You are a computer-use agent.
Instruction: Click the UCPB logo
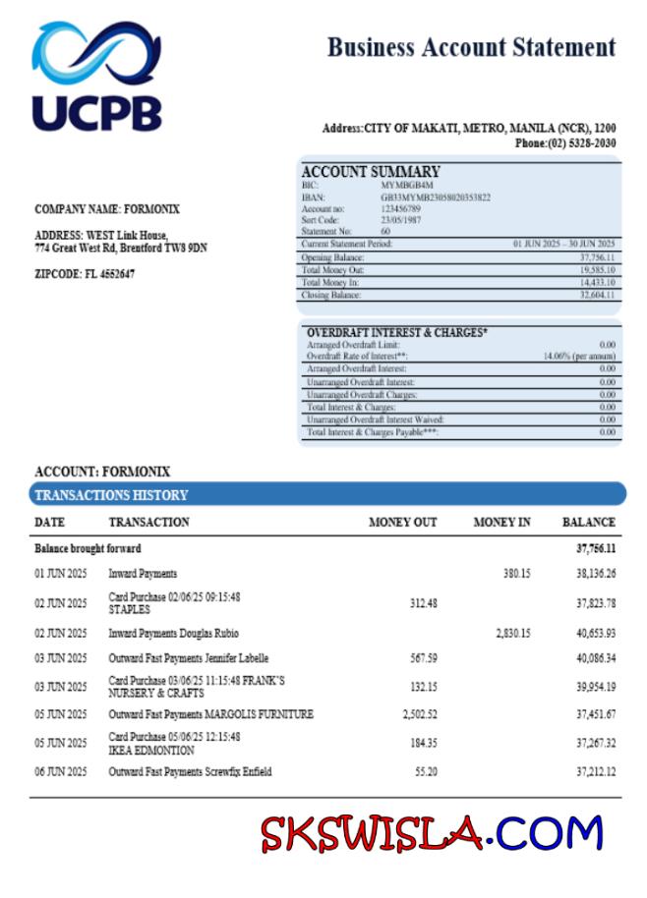click(x=96, y=77)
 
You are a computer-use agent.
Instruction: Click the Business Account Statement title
click(x=471, y=47)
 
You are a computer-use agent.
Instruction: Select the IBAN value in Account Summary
click(x=435, y=196)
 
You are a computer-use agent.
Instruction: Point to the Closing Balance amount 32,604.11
click(x=597, y=295)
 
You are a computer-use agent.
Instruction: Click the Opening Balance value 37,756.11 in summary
click(x=597, y=256)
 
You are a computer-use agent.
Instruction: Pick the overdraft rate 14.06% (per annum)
click(x=579, y=357)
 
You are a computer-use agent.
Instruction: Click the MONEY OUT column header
click(x=402, y=522)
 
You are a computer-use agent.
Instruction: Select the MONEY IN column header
click(x=501, y=522)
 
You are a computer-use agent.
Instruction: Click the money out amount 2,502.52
click(x=419, y=714)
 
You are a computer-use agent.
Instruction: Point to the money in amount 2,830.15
click(x=513, y=634)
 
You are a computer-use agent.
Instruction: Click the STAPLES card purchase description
click(x=129, y=609)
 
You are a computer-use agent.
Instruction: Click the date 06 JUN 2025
click(x=61, y=772)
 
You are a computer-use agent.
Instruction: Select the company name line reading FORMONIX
click(x=107, y=209)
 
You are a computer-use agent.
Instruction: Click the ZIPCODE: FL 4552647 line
click(x=85, y=273)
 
